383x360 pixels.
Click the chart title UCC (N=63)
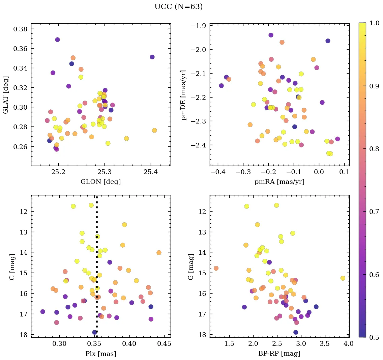(178, 7)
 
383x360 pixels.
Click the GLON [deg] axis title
(100, 182)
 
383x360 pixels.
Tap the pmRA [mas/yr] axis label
(279, 182)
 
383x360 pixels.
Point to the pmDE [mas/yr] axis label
(184, 94)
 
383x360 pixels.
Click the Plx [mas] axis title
(100, 354)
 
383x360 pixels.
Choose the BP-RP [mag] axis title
(279, 354)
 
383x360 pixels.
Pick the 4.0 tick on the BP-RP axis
(349, 344)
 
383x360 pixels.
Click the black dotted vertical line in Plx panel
(97, 270)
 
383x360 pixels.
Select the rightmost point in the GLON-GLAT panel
(154, 130)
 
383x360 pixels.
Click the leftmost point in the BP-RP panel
(216, 268)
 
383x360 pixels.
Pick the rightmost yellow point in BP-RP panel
(343, 278)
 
